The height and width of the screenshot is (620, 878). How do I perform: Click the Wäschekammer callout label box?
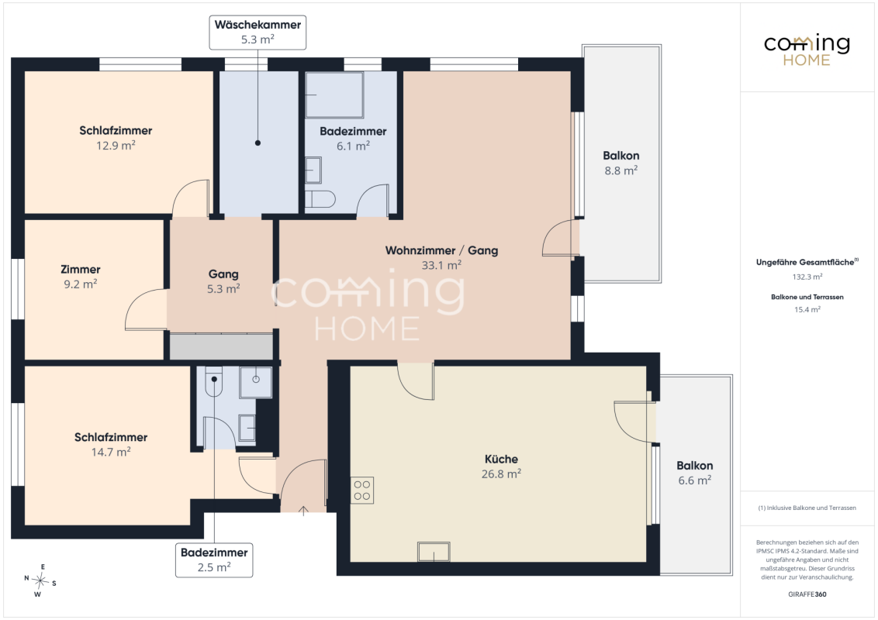click(x=258, y=33)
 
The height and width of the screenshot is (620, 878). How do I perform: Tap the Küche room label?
click(x=501, y=460)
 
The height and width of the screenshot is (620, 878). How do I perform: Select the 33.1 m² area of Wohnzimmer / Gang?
click(x=441, y=265)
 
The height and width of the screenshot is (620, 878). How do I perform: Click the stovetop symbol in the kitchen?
click(x=361, y=491)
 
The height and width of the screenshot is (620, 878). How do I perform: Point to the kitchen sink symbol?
click(x=434, y=552)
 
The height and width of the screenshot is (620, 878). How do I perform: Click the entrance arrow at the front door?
click(x=303, y=510)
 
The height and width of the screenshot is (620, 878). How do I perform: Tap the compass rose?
click(x=40, y=581)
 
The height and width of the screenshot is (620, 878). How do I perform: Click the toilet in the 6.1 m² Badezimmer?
click(x=320, y=198)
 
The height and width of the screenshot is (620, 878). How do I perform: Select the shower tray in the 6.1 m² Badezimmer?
click(x=334, y=95)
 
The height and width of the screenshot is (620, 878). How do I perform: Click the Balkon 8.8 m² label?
click(x=621, y=163)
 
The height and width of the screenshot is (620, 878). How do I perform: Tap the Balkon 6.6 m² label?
click(x=694, y=473)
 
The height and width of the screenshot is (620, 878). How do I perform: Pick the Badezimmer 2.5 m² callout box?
click(x=214, y=560)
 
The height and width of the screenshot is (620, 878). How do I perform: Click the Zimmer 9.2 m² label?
click(x=81, y=277)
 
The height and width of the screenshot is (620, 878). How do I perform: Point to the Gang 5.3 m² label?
click(x=223, y=281)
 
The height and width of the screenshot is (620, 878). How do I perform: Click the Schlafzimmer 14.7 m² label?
click(x=111, y=444)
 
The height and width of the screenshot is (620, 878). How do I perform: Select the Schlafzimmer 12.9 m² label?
click(x=116, y=138)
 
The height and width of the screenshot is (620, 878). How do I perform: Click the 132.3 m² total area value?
click(x=807, y=277)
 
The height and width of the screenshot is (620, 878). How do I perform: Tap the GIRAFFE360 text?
click(x=807, y=594)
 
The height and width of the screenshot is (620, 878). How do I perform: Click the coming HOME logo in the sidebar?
click(x=807, y=50)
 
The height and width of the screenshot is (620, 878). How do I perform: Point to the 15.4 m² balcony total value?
click(x=807, y=309)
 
